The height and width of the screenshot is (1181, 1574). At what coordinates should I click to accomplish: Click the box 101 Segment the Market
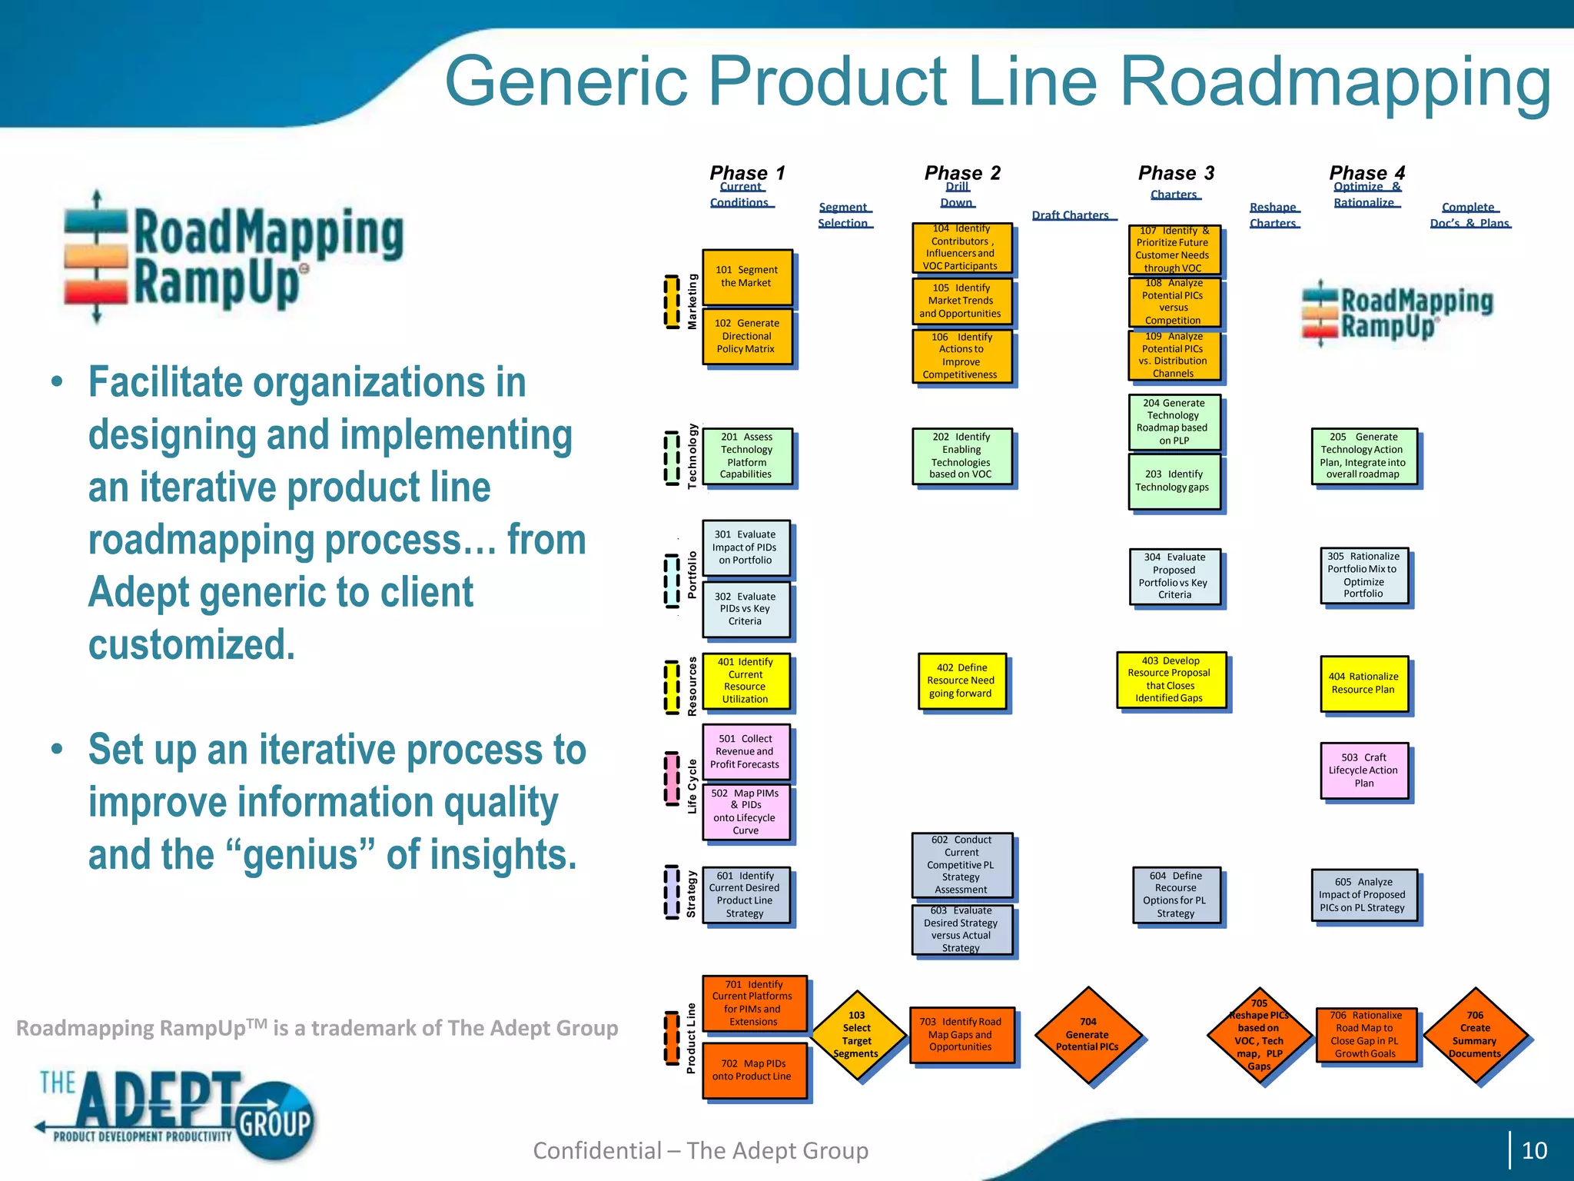746,277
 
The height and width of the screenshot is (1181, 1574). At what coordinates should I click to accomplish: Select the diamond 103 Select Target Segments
856,1035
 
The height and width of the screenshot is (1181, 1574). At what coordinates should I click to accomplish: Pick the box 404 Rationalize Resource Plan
1363,683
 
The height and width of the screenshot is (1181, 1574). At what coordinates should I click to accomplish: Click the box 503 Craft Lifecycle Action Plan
1363,770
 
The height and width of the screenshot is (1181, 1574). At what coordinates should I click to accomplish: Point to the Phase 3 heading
1176,173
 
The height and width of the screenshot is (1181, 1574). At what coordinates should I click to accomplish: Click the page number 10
1534,1150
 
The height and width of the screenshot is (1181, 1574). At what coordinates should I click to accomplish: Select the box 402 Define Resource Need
961,680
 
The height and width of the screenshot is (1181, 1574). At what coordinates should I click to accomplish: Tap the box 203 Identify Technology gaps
1173,481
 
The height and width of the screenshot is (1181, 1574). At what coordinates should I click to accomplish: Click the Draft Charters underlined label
1071,215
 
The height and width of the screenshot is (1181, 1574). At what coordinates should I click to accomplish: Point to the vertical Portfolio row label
692,574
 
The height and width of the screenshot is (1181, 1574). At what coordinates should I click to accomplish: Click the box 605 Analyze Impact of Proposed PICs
1363,895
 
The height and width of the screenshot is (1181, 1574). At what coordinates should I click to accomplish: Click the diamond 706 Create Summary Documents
1475,1035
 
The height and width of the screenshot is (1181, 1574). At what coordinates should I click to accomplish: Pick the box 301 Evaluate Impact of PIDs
745,547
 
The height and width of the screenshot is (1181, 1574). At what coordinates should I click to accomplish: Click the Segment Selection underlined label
843,215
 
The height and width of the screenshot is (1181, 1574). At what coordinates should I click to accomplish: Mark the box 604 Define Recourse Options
1175,895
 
